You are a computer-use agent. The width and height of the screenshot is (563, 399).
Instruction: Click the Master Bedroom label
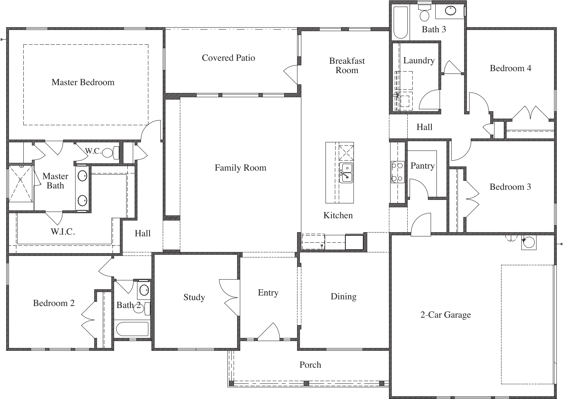[83, 82]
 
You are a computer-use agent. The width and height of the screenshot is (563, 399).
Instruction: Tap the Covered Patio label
[228, 58]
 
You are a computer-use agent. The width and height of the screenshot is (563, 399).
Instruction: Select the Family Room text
[240, 168]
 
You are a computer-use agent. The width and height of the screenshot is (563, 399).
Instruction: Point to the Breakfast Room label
[347, 65]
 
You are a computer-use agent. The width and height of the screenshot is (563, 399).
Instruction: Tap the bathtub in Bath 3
[400, 22]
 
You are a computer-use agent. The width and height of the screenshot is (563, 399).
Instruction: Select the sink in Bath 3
[451, 10]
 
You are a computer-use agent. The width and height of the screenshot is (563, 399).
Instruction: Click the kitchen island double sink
[346, 173]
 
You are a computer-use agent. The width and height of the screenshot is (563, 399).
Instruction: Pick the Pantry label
[422, 166]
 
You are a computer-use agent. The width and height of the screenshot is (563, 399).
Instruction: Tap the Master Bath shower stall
[21, 184]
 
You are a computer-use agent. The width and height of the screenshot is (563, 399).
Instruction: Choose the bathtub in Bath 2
[132, 329]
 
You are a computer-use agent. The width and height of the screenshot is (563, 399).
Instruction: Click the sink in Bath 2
[144, 290]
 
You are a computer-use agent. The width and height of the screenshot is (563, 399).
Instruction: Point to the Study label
[194, 297]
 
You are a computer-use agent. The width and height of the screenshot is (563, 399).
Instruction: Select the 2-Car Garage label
[445, 315]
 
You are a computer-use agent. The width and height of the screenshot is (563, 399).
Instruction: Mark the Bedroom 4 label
[510, 68]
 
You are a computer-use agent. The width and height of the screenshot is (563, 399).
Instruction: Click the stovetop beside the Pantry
[397, 172]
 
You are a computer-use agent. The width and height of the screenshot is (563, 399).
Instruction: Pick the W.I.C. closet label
[63, 232]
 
